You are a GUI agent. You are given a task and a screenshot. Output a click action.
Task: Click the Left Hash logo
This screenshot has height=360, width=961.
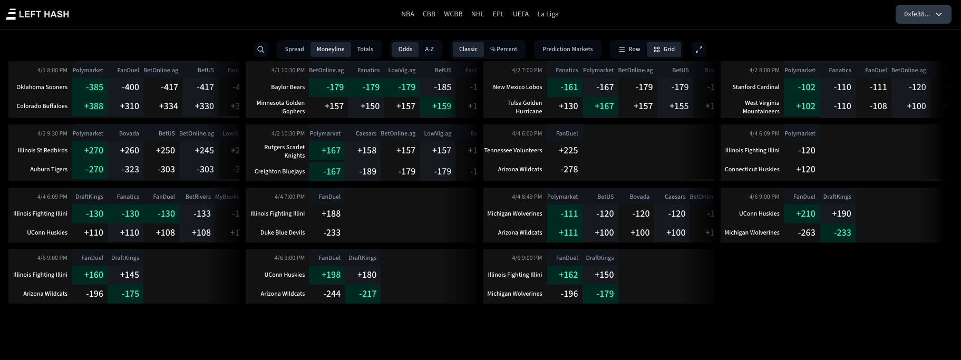37,14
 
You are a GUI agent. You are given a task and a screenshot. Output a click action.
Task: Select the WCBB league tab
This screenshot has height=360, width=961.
453,14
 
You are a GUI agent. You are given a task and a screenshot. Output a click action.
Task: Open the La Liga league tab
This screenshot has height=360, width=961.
548,14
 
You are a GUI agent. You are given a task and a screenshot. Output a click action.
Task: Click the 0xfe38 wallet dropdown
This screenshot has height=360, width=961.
923,14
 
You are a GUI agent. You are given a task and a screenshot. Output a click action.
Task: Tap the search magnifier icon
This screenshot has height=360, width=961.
261,50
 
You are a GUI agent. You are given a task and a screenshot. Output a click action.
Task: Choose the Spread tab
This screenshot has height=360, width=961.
294,50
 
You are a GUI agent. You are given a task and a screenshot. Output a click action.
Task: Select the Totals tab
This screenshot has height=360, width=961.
365,50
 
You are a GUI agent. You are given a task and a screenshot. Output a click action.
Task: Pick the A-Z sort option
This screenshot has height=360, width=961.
429,50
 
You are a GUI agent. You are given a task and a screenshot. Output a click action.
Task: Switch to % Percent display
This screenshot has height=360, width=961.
503,50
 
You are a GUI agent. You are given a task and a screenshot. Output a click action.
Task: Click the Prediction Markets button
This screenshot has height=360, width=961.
567,50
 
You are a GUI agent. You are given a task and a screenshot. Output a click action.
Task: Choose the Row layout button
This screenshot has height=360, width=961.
629,50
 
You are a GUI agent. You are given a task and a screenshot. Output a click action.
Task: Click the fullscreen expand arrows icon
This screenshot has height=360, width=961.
699,50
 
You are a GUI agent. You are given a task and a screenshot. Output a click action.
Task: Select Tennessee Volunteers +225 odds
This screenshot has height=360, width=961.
568,151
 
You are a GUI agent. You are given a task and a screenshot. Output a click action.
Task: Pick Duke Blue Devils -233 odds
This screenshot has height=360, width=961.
332,233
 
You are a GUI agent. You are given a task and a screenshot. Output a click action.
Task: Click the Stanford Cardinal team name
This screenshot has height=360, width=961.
755,87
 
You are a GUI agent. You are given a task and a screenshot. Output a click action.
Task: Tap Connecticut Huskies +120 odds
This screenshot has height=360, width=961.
805,170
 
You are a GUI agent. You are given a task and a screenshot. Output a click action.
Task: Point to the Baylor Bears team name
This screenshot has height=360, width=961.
288,87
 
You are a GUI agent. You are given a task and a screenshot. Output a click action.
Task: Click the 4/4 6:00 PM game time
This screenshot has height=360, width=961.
527,134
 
